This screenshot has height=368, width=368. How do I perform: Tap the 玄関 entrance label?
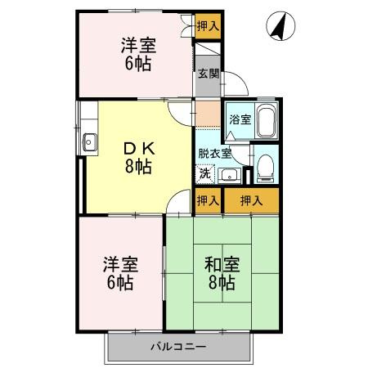coord(208,74)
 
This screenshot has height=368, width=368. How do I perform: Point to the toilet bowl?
coord(264,166)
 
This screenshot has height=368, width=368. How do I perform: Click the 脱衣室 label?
coord(214,153)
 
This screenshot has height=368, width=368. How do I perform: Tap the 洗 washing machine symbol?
coord(206,173)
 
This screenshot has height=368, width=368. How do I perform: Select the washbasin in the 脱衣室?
coord(230,173)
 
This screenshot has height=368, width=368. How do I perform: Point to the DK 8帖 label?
coord(137,157)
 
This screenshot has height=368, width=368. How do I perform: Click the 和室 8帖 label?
coord(220,273)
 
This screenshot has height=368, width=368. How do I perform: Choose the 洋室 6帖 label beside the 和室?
coord(119,274)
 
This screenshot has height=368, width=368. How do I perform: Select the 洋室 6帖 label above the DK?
coord(137,55)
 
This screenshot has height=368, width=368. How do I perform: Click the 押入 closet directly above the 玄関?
coord(208,26)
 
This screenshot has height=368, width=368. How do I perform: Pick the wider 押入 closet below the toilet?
coord(251,200)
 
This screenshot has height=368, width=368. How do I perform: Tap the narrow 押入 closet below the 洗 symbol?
coord(208,200)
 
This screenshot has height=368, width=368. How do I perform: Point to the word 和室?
coord(220,264)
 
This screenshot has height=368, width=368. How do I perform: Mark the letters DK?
coord(137,148)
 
